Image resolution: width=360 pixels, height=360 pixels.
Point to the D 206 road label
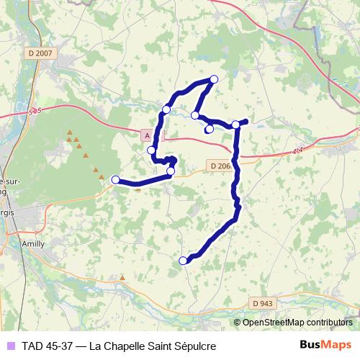221,166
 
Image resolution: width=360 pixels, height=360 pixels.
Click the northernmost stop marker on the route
213,79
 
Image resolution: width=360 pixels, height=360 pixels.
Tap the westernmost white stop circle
115,179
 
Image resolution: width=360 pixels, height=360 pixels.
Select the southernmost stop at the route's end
183,260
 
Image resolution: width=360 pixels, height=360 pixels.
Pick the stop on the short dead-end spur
210,130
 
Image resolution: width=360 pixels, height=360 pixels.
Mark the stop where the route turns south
235,125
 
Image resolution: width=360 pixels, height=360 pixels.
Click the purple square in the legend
9,346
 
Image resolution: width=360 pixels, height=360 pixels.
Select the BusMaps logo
325,345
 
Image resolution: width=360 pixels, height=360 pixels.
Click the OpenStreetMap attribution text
298,323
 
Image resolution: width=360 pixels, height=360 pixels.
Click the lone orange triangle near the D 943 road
122,276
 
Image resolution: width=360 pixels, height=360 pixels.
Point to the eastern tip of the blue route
246,121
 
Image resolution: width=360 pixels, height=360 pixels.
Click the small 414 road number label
298,150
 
